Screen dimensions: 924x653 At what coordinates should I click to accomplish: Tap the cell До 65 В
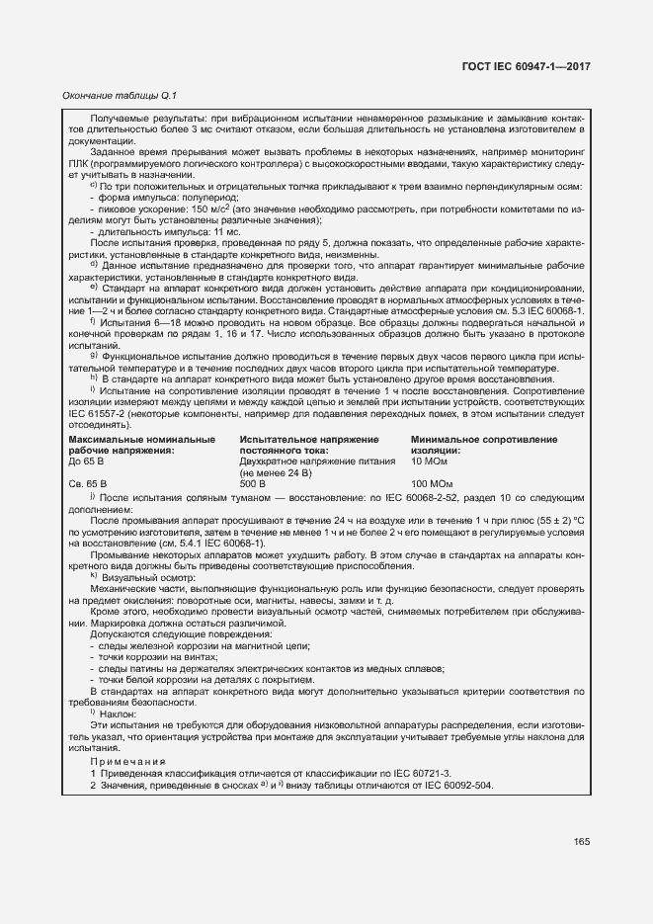[x=86, y=462]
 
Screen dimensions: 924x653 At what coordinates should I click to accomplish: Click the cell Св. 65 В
[x=87, y=484]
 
